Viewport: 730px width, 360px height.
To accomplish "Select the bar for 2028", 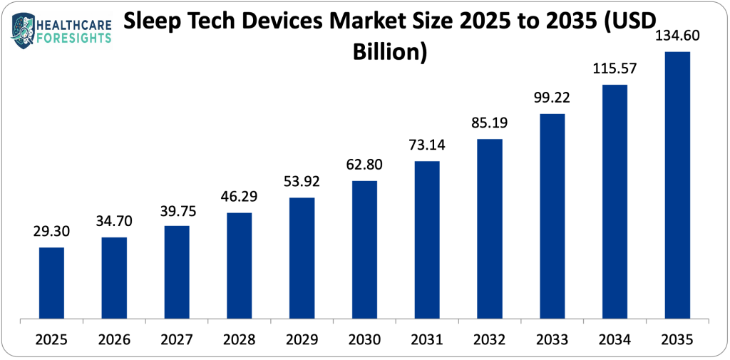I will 239,265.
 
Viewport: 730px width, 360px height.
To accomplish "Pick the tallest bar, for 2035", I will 677,185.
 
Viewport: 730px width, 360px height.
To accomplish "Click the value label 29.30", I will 51,233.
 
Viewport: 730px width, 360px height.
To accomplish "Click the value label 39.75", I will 177,211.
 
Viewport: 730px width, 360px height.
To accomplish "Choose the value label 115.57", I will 615,70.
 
